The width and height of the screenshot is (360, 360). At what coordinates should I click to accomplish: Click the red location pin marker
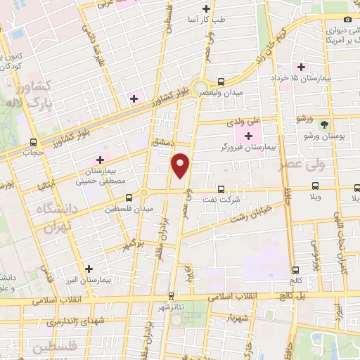(181, 165)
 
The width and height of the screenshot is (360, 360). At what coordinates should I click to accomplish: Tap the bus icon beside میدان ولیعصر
(221, 82)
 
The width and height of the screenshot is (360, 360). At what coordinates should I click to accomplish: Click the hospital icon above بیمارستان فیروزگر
(248, 134)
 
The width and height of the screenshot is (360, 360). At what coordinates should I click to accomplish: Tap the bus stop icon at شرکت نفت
(221, 188)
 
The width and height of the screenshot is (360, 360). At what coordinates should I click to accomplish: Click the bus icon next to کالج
(295, 269)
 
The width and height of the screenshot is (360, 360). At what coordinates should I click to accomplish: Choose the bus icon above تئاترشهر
(171, 297)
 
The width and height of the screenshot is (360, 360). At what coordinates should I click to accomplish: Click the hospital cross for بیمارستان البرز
(89, 269)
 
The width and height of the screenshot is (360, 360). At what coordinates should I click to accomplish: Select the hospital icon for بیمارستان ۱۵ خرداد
(302, 67)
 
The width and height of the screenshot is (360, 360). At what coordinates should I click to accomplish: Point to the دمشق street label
(161, 141)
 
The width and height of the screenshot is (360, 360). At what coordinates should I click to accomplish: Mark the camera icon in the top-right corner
(347, 20)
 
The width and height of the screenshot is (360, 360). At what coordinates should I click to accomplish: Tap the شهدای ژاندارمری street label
(74, 321)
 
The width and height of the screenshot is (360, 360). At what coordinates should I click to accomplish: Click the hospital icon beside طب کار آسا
(206, 8)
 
